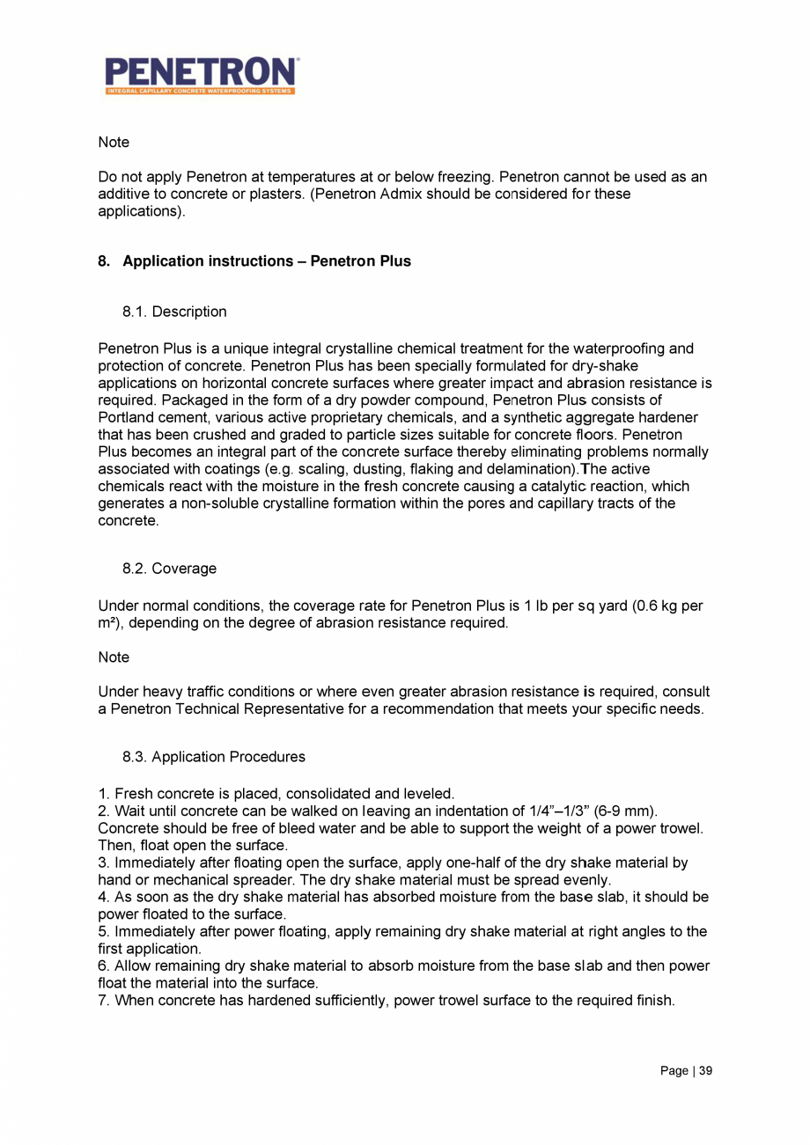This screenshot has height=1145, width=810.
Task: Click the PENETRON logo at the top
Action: pos(202,71)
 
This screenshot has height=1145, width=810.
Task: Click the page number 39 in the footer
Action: pos(704,1071)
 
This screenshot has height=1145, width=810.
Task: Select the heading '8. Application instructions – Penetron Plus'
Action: pos(254,261)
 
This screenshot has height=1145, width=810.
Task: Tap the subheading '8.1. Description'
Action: pos(174,312)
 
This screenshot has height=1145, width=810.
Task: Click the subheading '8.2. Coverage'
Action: pos(169,569)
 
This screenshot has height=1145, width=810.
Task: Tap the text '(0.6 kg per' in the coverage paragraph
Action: pos(667,606)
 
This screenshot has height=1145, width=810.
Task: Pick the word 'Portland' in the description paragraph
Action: pos(125,416)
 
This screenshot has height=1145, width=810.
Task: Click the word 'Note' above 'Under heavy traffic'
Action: pos(114,657)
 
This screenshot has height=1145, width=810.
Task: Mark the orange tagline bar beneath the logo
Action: pos(201,91)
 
